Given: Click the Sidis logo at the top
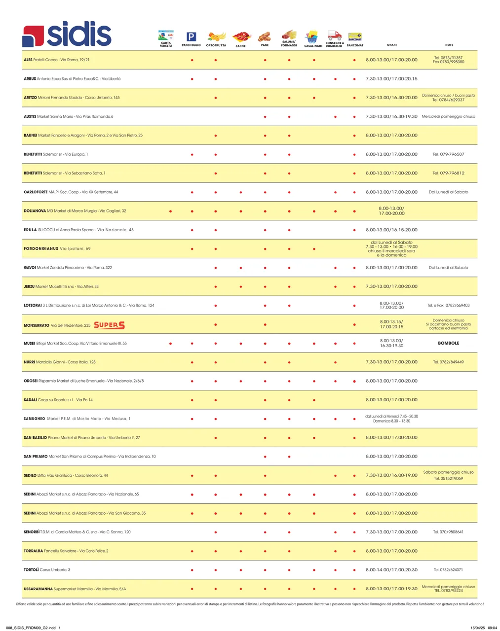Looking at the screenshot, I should point(67,34).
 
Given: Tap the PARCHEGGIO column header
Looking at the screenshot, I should point(191,45).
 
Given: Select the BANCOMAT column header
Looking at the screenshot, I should point(355,45).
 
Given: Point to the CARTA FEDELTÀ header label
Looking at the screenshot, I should point(166,44).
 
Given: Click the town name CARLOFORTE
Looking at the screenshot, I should point(36,192).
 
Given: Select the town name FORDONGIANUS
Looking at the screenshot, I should point(41,249).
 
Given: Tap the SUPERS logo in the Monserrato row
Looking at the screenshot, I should point(109,325).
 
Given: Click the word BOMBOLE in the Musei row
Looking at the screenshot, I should point(448,343).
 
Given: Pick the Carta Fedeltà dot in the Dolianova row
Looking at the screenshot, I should point(170,211).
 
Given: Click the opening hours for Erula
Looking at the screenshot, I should point(391,230).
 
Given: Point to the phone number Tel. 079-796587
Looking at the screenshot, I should point(448,154).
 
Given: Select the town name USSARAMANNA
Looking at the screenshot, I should point(38,589).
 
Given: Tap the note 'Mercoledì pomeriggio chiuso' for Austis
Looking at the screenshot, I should point(448,117).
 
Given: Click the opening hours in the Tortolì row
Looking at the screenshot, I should point(391,570).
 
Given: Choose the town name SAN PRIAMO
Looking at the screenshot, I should point(36,456).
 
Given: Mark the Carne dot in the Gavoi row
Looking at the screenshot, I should point(240,268).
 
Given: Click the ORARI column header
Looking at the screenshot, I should point(391,45).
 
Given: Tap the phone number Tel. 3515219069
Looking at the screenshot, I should point(448,479).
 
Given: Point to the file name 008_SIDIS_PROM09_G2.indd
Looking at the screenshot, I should point(31,628).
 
